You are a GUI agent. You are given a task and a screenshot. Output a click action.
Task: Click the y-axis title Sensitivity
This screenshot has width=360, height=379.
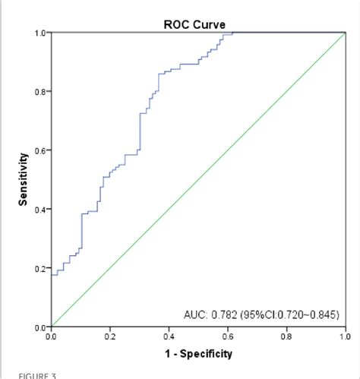[x=24, y=179]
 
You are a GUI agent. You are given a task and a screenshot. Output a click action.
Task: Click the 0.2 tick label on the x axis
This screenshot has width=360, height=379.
[x=110, y=336]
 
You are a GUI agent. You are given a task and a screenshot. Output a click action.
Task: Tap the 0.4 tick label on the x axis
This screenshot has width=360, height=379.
[x=169, y=336]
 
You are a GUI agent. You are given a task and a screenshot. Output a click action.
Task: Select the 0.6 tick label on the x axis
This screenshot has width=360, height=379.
[x=227, y=336]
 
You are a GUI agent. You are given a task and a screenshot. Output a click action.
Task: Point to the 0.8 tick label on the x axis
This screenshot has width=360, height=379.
[x=286, y=336]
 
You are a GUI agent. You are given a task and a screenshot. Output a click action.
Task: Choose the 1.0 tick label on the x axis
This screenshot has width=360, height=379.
[x=345, y=336]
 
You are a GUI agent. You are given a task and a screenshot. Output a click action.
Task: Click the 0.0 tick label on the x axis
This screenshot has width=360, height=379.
[x=51, y=336]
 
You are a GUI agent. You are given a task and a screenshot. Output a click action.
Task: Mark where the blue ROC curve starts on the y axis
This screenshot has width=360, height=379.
[x=52, y=275]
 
